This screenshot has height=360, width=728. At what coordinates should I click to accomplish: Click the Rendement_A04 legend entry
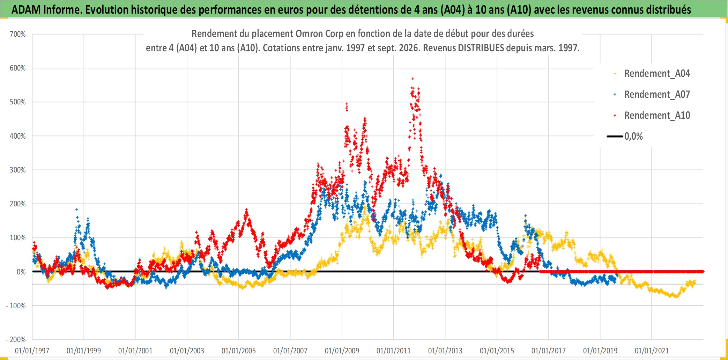pyautogui.click(x=652, y=74)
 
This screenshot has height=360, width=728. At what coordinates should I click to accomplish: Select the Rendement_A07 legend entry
pyautogui.click(x=652, y=95)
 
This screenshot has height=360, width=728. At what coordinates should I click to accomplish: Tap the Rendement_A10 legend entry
pyautogui.click(x=652, y=116)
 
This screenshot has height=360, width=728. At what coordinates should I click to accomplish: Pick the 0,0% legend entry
pyautogui.click(x=625, y=137)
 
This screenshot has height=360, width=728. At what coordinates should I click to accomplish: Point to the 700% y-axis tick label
pyautogui.click(x=18, y=34)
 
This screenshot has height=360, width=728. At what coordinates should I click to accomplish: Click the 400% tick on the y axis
pyautogui.click(x=18, y=136)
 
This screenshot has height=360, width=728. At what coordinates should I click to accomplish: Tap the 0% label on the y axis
pyautogui.click(x=21, y=272)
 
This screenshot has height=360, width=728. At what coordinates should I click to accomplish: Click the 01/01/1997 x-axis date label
pyautogui.click(x=32, y=351)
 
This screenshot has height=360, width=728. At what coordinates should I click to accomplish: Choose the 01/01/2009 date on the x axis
pyautogui.click(x=342, y=351)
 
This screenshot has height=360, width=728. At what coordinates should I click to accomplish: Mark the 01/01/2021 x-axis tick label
pyautogui.click(x=652, y=351)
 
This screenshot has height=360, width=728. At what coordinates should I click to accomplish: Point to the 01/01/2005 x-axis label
pyautogui.click(x=239, y=351)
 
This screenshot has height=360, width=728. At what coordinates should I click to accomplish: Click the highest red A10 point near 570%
pyautogui.click(x=413, y=79)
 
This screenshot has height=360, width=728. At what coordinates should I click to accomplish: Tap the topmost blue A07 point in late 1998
pyautogui.click(x=77, y=210)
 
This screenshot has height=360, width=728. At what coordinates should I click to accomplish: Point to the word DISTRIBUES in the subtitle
pyautogui.click(x=481, y=48)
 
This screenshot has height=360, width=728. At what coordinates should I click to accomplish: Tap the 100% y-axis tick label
pyautogui.click(x=18, y=238)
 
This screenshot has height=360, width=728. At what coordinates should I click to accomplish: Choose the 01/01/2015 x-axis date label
pyautogui.click(x=497, y=351)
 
